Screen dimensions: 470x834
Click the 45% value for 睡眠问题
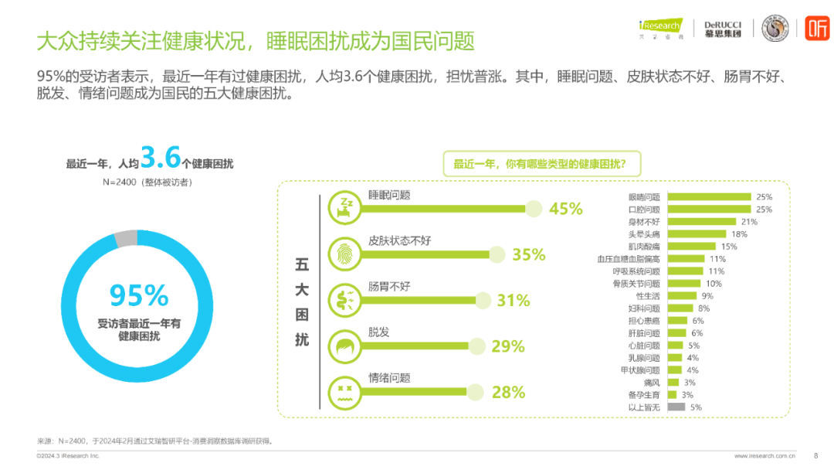[565, 209]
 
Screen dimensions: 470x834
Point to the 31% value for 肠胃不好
[513, 300]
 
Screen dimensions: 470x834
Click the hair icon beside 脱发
[342, 346]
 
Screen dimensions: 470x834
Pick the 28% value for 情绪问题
[508, 392]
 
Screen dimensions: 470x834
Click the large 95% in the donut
[139, 295]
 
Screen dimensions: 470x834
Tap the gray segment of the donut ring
[125, 239]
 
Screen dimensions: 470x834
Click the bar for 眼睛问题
[708, 197]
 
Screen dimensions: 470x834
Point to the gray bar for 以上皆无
[676, 407]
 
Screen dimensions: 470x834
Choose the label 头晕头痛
[644, 234]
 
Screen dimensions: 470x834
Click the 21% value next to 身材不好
[727, 222]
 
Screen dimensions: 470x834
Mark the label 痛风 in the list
[652, 382]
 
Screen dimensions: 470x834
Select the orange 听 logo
[817, 29]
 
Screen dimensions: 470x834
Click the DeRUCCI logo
[723, 29]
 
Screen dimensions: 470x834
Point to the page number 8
[816, 455]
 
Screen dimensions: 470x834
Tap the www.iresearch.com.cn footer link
[764, 455]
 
